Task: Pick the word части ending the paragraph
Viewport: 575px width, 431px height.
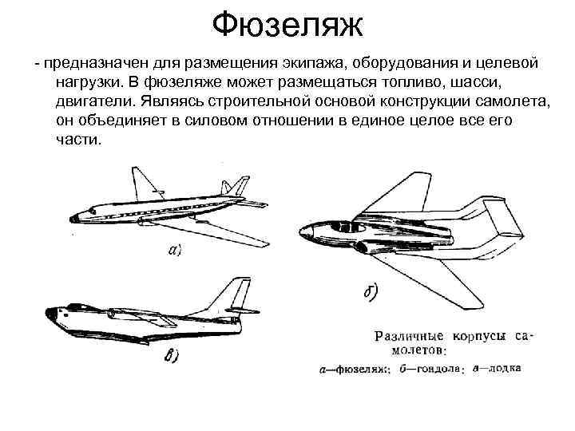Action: point(79,139)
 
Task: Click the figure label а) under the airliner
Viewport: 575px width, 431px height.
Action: point(175,251)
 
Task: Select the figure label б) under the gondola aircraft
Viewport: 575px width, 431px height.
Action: point(370,293)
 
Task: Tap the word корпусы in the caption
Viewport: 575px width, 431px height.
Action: point(479,338)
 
